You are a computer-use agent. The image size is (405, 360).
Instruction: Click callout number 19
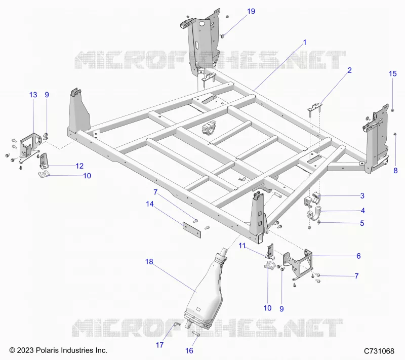pos(251,11)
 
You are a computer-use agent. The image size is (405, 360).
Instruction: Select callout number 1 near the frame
pos(305,43)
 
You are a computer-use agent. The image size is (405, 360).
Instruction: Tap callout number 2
pos(349,70)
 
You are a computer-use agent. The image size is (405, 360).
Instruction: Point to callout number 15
pos(393,74)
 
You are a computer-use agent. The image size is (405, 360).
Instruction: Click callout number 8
pos(395,171)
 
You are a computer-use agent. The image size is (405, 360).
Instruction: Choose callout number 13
pos(33,95)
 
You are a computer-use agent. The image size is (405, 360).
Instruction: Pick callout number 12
pos(79,166)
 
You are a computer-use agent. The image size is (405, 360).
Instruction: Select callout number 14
pos(150,204)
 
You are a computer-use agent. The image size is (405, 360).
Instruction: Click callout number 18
pos(149,262)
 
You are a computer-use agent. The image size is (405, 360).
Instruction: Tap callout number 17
pos(159,345)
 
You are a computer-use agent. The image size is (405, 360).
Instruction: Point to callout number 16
pos(189,351)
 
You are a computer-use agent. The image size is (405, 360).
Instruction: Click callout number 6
pos(358,256)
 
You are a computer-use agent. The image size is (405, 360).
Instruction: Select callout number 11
pos(242,246)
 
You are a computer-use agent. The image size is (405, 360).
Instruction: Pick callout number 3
pos(362,196)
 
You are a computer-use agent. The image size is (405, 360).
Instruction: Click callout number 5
pos(362,223)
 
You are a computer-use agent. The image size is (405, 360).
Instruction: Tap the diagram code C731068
pos(379,351)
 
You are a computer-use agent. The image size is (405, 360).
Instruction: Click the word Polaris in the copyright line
pos(47,350)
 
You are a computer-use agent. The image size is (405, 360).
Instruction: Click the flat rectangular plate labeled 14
pos(192,229)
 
